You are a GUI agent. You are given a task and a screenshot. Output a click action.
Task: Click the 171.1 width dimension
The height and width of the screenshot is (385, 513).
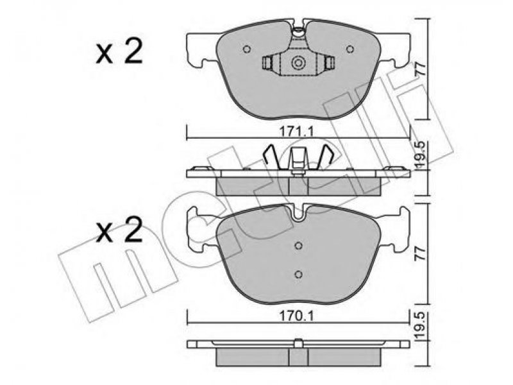pos(296,132)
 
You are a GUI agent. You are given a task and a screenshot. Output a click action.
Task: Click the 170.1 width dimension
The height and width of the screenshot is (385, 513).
pos(296,316)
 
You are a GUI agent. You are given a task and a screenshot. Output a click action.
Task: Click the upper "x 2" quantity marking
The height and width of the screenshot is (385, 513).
pos(119,51)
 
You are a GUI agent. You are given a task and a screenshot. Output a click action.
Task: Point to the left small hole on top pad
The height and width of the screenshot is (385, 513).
pos(247,49)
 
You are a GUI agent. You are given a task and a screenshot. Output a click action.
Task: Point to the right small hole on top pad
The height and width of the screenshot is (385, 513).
pos(350,49)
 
